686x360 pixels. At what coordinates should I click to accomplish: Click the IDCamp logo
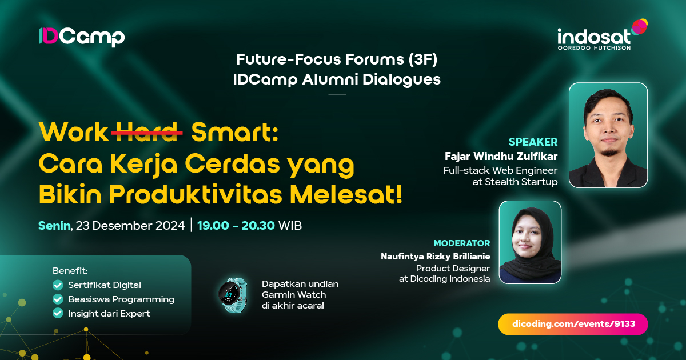point(81,37)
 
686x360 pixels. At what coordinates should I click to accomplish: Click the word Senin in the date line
point(54,225)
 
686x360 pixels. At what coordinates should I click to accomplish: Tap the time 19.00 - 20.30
point(236,225)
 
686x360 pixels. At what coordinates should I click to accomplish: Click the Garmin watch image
point(233,295)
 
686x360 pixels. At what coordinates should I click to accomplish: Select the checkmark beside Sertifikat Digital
point(58,285)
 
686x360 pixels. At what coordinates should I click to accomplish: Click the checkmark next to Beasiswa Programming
point(58,299)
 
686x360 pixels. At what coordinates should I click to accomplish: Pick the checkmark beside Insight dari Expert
point(58,313)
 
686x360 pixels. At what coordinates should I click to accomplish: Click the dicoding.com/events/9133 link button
point(573,324)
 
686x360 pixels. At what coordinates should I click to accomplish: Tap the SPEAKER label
point(533,142)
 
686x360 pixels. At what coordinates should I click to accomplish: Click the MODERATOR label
point(461,243)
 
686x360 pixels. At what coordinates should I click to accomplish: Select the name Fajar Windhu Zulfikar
point(501,156)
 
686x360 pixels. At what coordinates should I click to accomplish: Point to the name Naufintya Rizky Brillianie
point(435,257)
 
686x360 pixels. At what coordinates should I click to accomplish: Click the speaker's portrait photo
point(608,135)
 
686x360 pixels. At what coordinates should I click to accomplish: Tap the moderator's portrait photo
point(530,242)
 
